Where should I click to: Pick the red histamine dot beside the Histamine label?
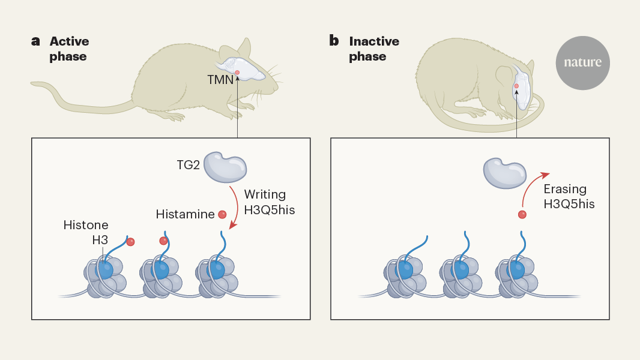(x=222, y=214)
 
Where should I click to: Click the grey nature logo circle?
(x=582, y=62)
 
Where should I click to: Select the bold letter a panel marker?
(x=36, y=41)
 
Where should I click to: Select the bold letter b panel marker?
(x=334, y=41)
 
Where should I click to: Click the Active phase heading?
(x=69, y=49)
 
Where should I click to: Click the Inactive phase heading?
(x=374, y=49)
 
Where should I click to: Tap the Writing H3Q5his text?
(x=268, y=202)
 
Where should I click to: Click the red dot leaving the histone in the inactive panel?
(x=522, y=214)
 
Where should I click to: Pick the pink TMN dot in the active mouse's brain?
(x=238, y=73)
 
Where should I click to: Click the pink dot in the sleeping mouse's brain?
(x=516, y=86)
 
